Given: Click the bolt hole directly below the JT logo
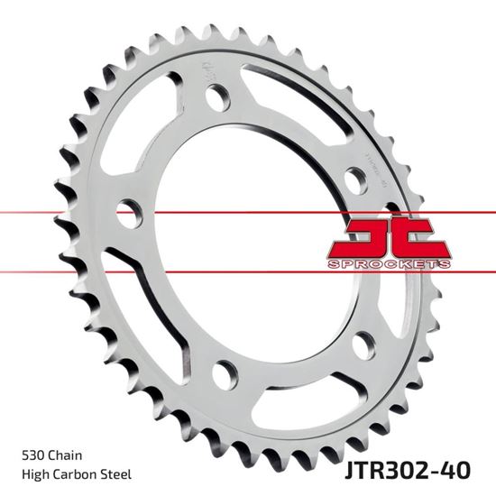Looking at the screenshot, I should tap(362, 344).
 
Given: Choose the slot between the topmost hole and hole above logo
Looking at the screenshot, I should tap(298, 99).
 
